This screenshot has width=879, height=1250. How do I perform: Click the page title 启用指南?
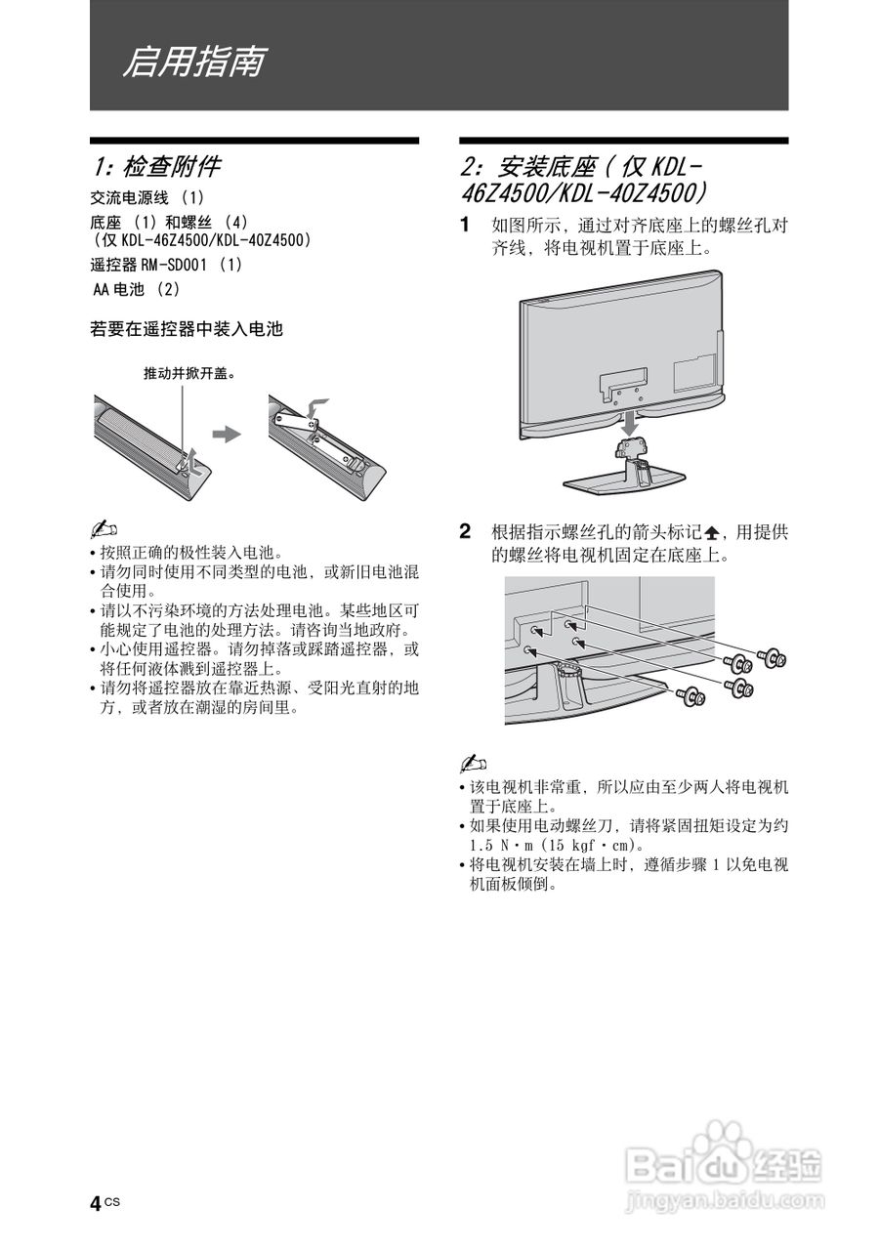click(x=192, y=62)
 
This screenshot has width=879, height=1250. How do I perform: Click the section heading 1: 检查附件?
click(x=156, y=166)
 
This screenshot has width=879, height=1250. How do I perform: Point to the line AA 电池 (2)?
click(x=136, y=289)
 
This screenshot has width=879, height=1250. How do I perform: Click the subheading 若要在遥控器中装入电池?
click(x=186, y=330)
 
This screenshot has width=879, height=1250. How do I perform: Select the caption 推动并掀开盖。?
click(x=190, y=373)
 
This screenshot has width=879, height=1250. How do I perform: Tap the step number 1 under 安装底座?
click(x=466, y=226)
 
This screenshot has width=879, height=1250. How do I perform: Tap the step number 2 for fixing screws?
click(x=466, y=532)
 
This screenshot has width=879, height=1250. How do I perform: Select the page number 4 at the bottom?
click(x=96, y=1204)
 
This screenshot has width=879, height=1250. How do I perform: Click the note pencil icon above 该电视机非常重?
click(x=473, y=762)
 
